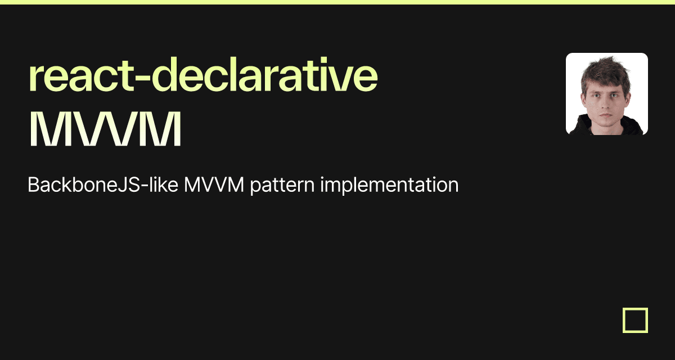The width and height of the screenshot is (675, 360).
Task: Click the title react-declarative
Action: pos(203,74)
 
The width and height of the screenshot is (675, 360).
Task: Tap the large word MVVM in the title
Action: pos(105,129)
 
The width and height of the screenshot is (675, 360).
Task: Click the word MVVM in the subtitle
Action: pos(214,184)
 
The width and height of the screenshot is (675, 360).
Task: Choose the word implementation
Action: pos(389,185)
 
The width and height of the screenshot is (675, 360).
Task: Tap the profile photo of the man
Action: pos(607,94)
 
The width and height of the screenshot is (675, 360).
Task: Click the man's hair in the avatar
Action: pos(606,73)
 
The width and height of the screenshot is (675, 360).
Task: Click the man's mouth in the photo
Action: pos(606,115)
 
